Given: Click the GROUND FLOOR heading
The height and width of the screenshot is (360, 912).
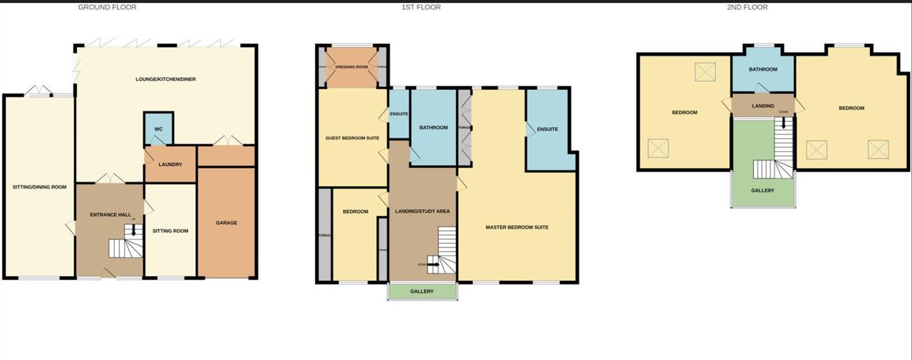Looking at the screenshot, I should click(107, 7).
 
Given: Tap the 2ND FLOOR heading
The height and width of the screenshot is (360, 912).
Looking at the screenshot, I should click(747, 7).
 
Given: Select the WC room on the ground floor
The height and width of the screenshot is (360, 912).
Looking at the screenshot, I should click(159, 129).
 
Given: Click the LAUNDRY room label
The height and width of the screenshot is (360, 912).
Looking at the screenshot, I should click(170, 165).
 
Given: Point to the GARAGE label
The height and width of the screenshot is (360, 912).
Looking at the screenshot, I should click(227, 223).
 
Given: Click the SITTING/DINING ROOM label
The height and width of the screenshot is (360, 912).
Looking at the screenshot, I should click(39, 187).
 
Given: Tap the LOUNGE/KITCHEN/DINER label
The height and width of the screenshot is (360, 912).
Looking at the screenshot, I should click(165, 79).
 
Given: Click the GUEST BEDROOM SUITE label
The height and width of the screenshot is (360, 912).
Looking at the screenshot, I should click(352, 138).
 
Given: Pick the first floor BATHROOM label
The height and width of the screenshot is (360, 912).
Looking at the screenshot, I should click(433, 128).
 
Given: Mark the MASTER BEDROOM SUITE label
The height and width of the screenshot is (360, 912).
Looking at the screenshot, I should click(517, 227).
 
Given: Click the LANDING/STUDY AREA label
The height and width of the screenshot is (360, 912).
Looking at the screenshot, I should click(423, 212).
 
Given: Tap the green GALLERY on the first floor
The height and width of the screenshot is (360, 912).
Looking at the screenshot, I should click(422, 291).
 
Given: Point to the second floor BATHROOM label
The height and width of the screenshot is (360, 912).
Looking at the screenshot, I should click(762, 69).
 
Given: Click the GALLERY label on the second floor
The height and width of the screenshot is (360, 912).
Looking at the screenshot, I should click(762, 190).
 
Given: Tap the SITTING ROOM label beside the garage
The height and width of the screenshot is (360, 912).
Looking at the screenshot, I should click(170, 231).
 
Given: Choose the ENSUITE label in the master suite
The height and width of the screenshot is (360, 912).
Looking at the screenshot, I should click(547, 129).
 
